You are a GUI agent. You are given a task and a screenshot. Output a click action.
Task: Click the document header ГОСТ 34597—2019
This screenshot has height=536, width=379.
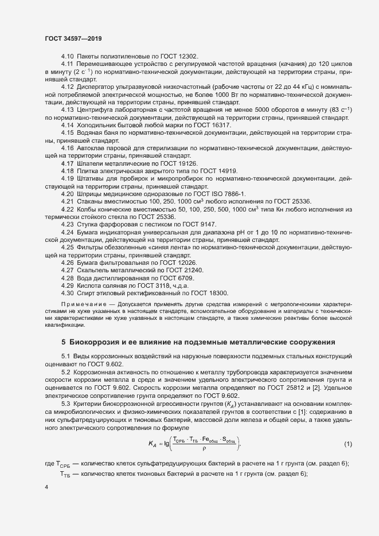coord(74,38)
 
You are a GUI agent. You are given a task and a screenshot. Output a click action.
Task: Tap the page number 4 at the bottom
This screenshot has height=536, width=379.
coord(46,487)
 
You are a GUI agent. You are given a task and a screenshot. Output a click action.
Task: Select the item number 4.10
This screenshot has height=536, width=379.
coord(68,56)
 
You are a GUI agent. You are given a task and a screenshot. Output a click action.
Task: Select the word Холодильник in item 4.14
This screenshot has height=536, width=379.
coord(99,125)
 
